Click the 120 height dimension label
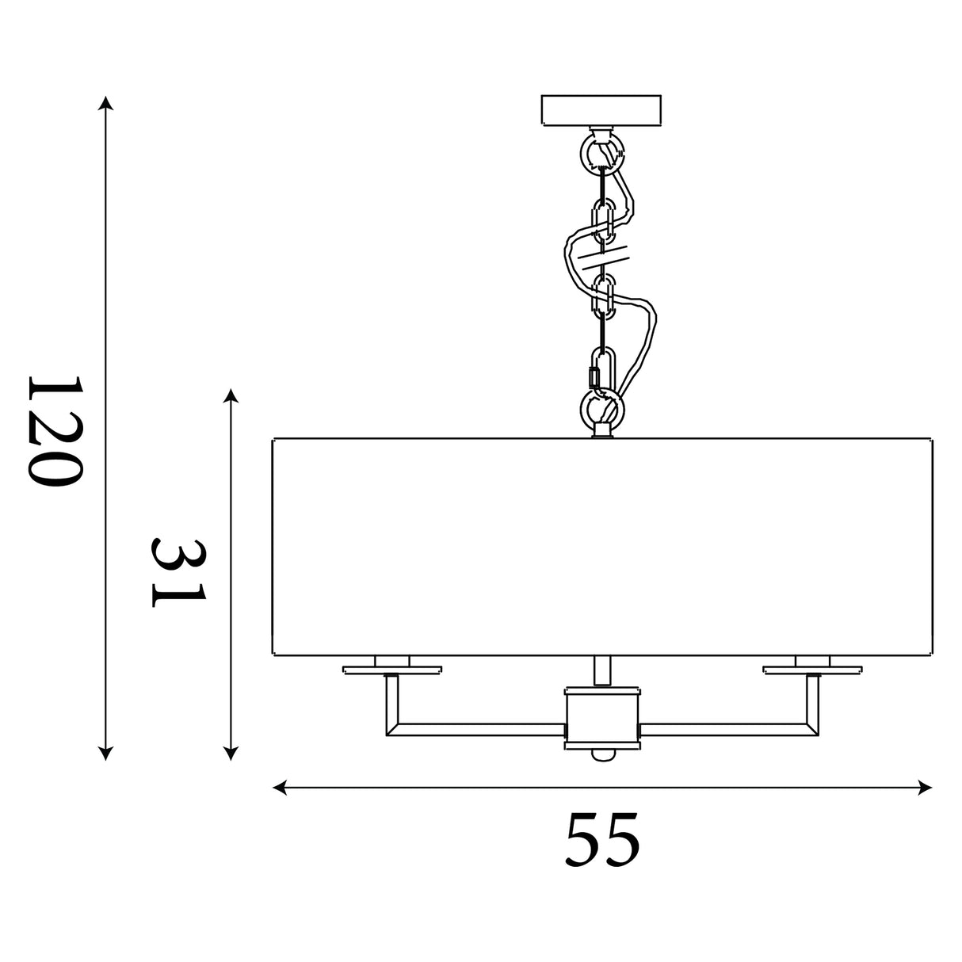pos(55,431)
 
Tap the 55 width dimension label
pos(602,839)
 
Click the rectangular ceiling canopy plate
pos(601,109)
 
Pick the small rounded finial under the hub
pos(602,769)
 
